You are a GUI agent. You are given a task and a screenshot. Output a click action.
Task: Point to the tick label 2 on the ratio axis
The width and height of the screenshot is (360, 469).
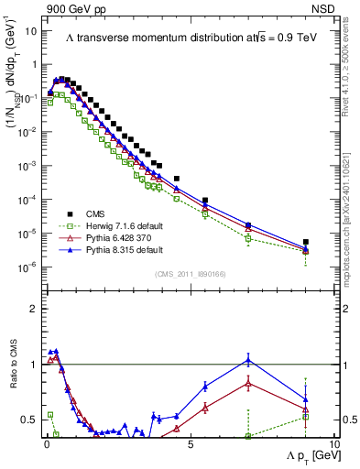34,309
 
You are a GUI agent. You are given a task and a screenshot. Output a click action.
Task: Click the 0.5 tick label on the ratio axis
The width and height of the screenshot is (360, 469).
30,420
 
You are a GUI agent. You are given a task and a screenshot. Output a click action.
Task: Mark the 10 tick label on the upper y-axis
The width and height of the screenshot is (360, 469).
31,31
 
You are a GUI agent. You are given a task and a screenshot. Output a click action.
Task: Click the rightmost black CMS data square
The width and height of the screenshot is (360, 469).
306,243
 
